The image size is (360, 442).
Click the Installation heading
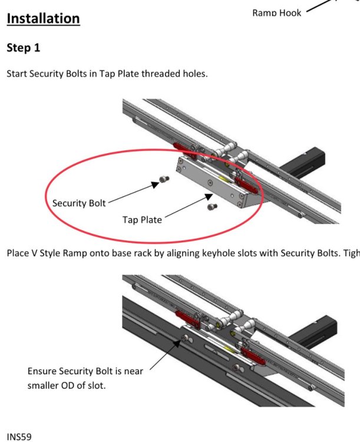click(43, 19)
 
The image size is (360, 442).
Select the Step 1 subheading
click(24, 48)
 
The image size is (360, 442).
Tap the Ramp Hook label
click(276, 13)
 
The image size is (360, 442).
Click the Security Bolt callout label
click(79, 203)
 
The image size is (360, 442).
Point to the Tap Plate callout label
click(142, 220)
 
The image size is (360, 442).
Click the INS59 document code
click(19, 437)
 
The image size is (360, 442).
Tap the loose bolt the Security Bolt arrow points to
click(164, 179)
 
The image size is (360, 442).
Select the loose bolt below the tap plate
click(212, 207)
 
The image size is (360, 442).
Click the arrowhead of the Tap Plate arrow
click(209, 196)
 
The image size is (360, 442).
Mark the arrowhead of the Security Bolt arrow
click(155, 184)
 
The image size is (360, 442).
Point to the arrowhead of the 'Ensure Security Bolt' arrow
click(177, 344)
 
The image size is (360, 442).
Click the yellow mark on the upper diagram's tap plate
click(223, 179)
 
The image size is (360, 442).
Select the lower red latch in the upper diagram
click(246, 186)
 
